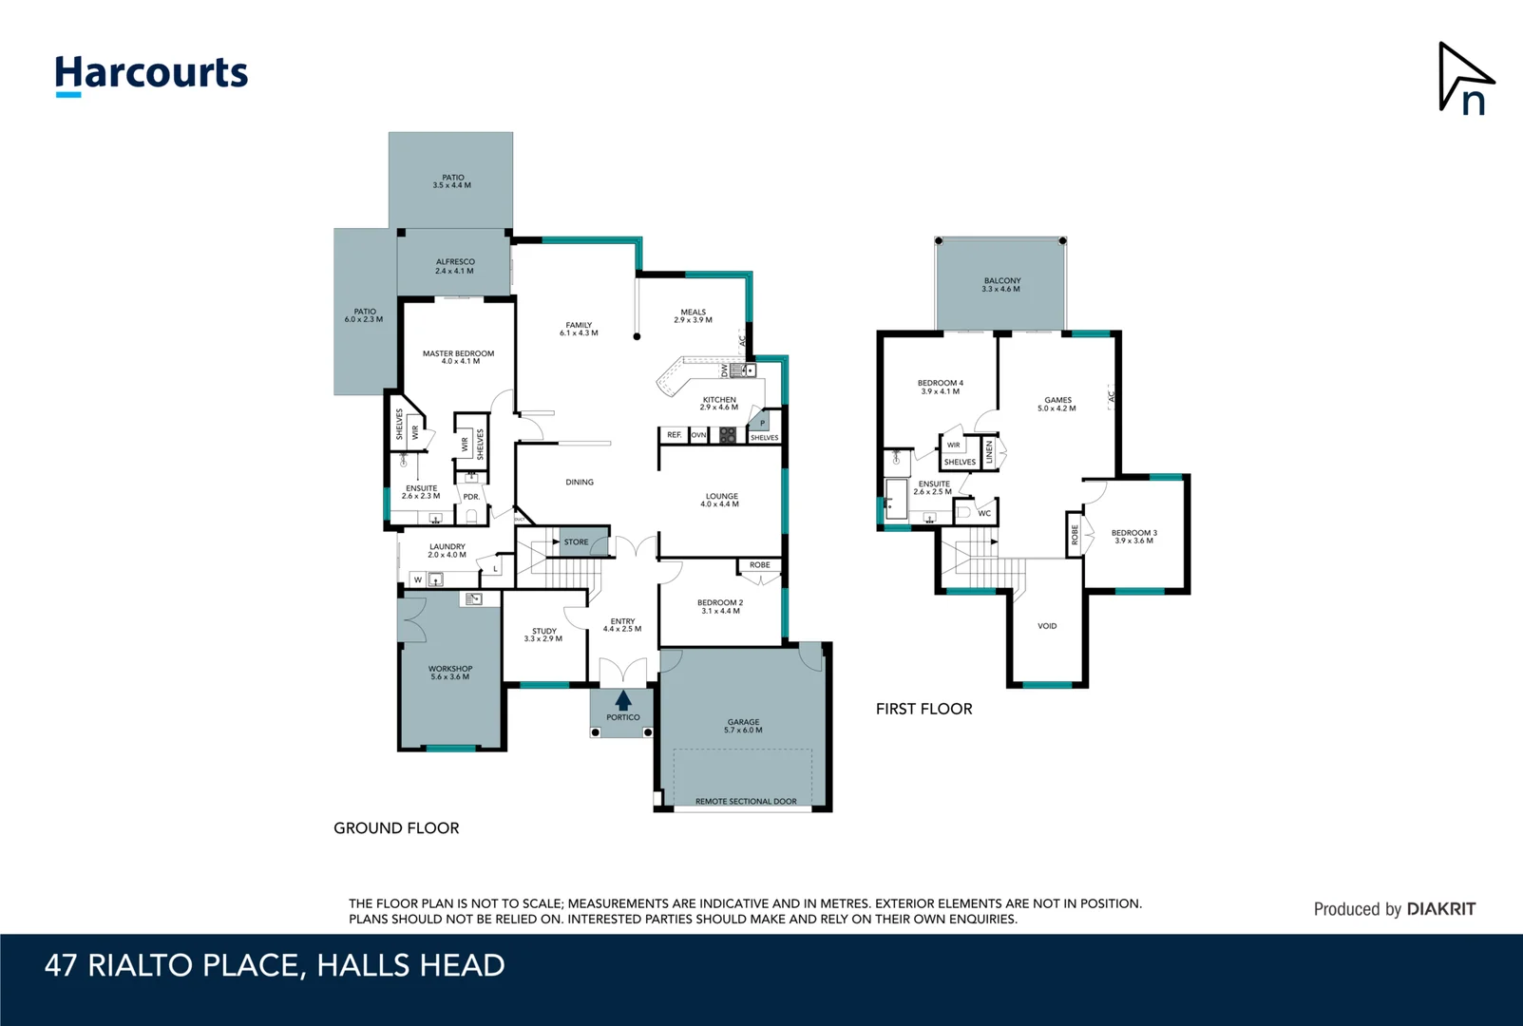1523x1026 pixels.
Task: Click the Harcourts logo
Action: click(x=151, y=74)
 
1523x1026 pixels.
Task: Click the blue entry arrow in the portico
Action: click(x=623, y=700)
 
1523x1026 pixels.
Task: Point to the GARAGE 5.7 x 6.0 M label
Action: click(x=743, y=726)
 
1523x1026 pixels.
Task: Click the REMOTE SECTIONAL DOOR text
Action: click(x=746, y=802)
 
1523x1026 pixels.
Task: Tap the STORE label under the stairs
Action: click(x=576, y=542)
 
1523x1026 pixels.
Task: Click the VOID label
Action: click(x=1047, y=626)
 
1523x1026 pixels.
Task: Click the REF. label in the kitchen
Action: click(x=674, y=435)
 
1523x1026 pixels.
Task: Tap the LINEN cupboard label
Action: click(x=989, y=451)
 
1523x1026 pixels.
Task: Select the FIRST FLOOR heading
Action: click(x=923, y=709)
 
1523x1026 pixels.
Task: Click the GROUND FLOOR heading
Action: click(x=396, y=828)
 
